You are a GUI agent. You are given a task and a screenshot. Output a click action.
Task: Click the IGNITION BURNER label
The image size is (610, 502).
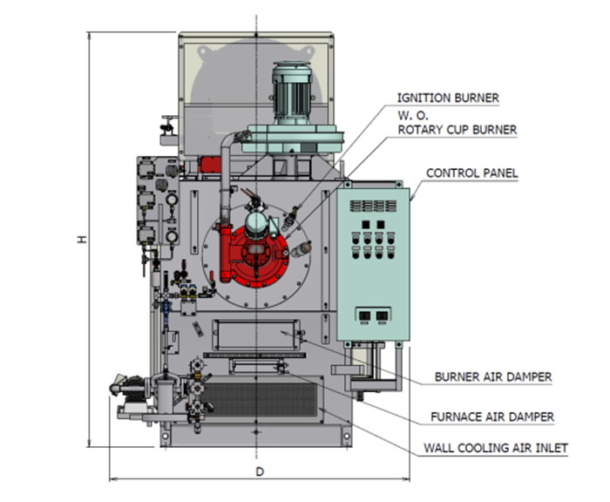[448, 98]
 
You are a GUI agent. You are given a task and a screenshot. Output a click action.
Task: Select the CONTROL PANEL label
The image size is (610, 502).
[471, 173]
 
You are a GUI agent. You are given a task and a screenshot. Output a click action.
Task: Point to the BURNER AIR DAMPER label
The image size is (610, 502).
[493, 377]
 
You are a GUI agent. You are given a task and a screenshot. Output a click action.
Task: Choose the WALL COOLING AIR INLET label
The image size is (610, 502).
[495, 449]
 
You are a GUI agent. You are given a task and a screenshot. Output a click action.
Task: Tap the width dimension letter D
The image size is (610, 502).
[259, 471]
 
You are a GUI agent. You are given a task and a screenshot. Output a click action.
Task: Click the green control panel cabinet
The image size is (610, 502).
[373, 261]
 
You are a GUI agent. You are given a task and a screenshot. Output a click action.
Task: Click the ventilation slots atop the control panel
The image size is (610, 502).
[372, 206]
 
